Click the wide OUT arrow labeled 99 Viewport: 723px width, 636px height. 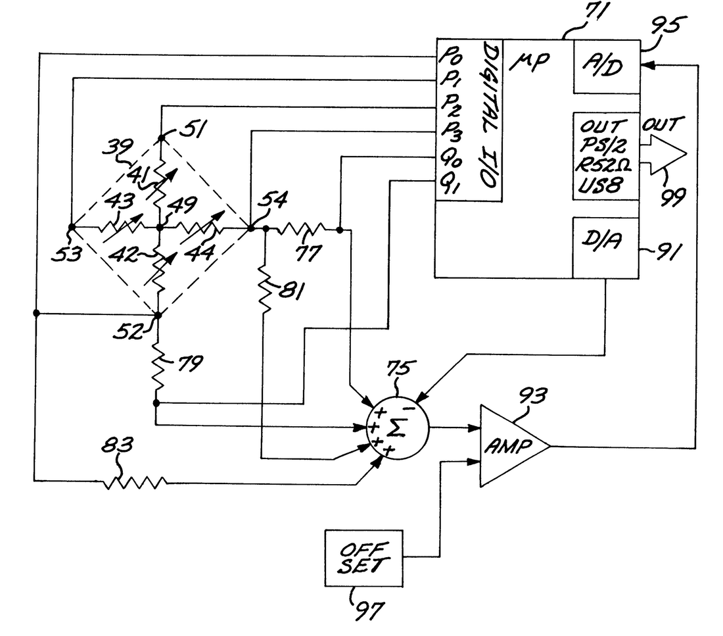[x=664, y=153]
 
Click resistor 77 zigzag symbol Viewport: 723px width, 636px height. [x=302, y=230]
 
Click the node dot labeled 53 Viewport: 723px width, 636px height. [x=71, y=228]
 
